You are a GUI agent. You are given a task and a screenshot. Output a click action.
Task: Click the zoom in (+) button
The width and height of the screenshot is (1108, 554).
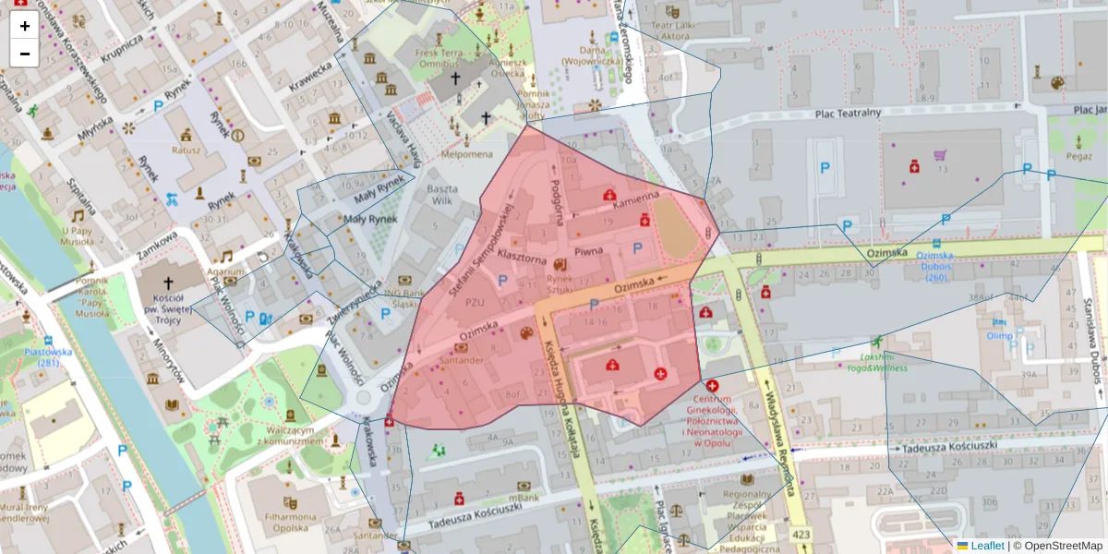[x=24, y=26]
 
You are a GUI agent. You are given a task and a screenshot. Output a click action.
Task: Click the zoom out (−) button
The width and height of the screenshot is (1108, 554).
[x=24, y=54]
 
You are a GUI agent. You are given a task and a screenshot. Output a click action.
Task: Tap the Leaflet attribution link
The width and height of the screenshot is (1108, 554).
[x=987, y=546]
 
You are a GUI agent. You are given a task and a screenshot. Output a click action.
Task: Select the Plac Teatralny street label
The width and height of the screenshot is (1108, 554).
[x=848, y=113]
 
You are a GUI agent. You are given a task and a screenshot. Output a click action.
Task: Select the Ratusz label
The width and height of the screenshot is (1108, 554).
[x=186, y=150]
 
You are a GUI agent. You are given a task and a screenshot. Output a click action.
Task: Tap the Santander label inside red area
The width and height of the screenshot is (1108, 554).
[x=460, y=361]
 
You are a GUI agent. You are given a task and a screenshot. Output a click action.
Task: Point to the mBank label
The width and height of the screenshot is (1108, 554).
[x=523, y=498]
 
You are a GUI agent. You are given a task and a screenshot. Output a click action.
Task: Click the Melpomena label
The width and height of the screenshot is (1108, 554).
[x=466, y=154]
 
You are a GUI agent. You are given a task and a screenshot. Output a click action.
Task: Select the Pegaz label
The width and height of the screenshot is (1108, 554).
[x=1078, y=157]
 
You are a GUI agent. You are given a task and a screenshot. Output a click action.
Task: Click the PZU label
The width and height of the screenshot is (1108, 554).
[x=476, y=302]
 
